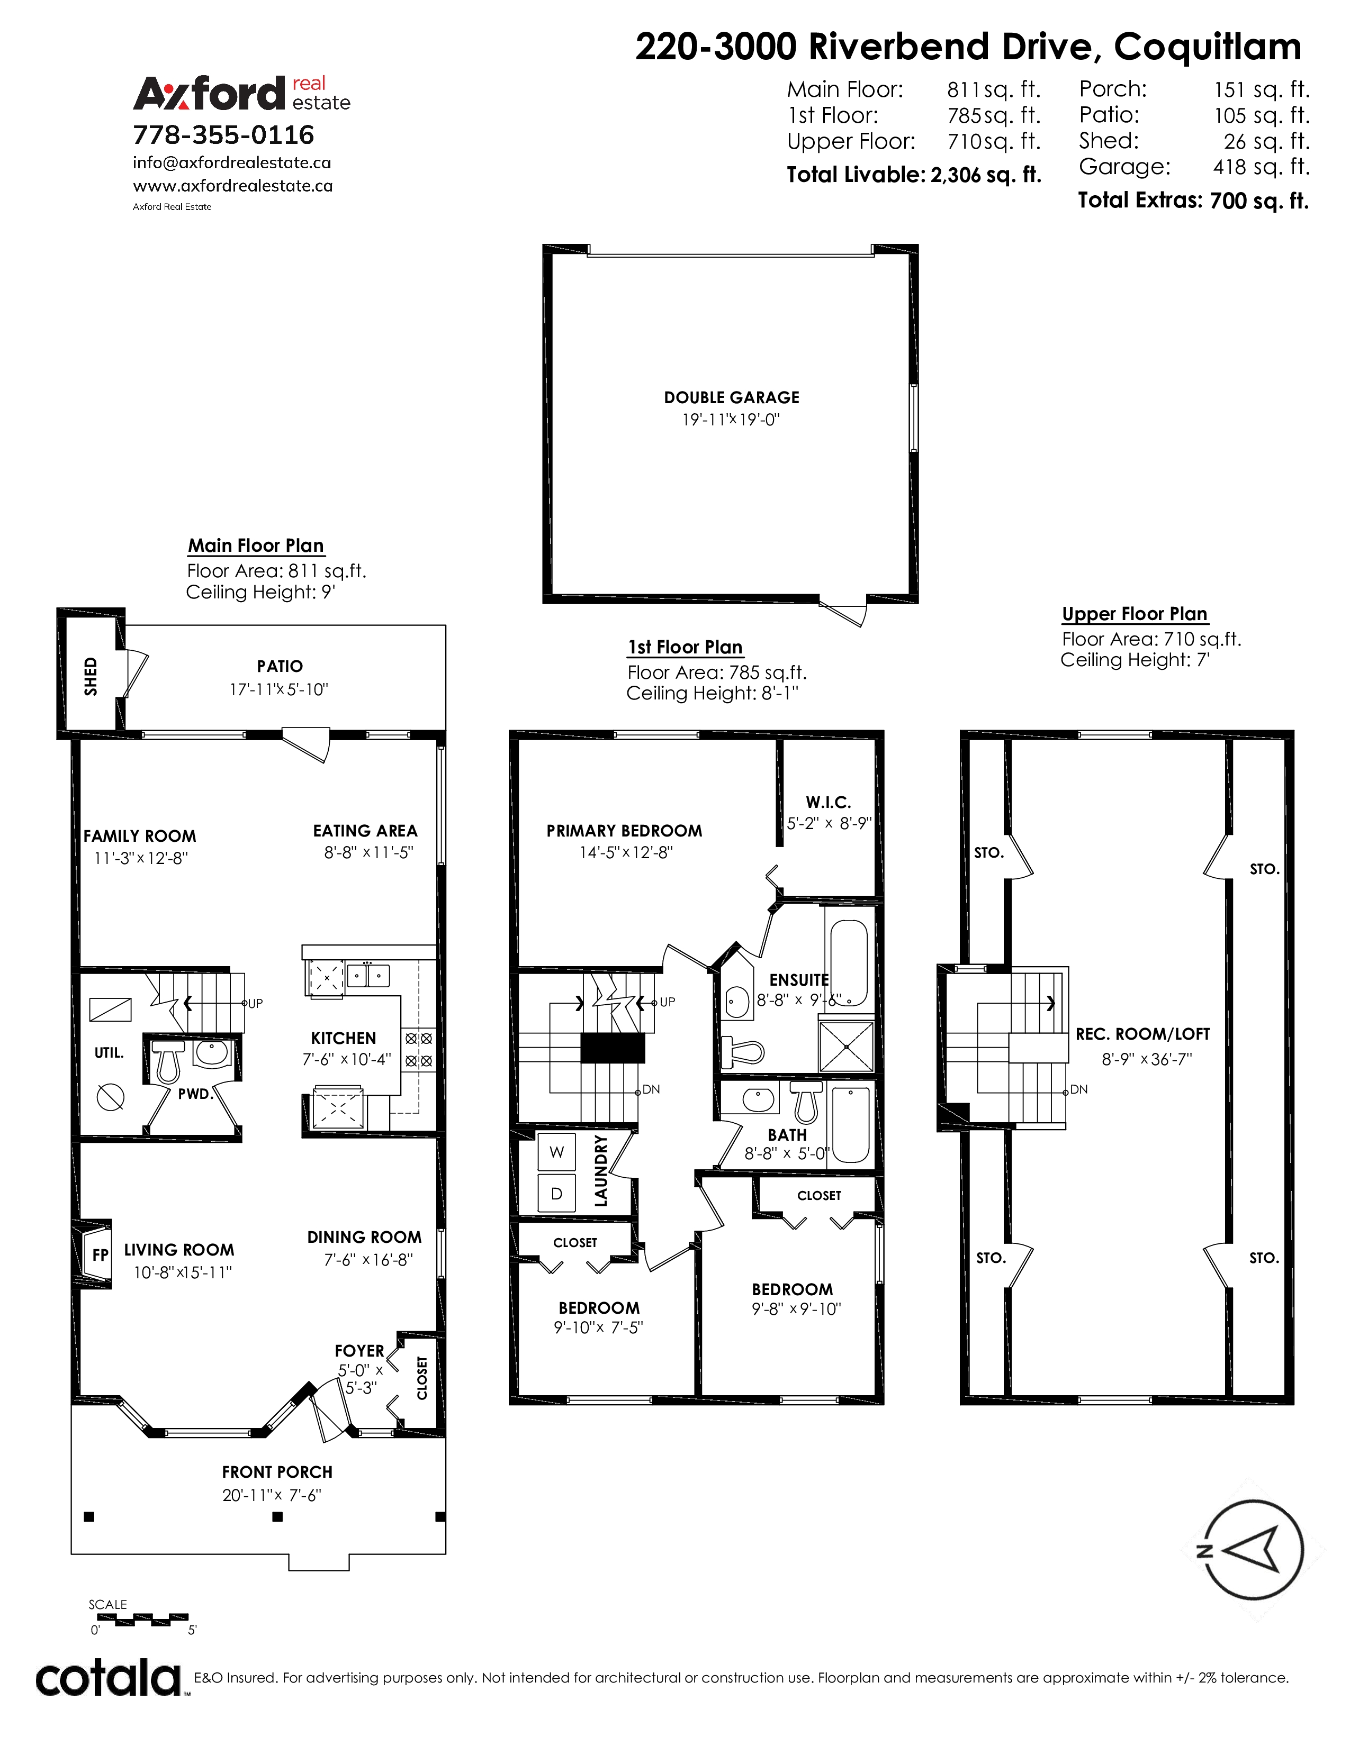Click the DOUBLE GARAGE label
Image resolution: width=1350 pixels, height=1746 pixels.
731,397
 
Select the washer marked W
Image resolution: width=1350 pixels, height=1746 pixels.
556,1152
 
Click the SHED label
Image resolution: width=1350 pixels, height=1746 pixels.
91,676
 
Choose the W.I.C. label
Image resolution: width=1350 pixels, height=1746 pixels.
829,802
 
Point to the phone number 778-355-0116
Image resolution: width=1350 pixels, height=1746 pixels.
224,134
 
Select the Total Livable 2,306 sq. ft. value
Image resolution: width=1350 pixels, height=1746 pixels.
985,175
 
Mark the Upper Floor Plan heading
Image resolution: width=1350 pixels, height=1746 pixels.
1134,613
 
